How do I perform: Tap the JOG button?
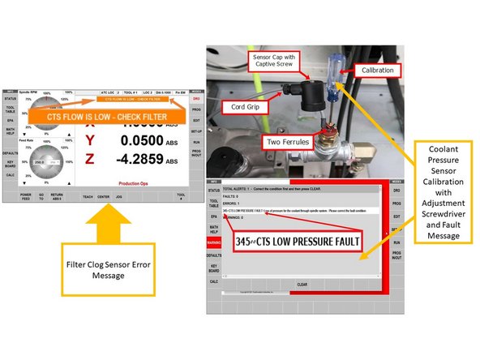[x=119, y=196]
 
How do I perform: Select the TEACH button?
[x=87, y=196]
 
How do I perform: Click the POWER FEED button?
[x=26, y=196]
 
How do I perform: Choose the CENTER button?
[x=104, y=196]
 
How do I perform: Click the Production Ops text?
[x=135, y=183]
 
